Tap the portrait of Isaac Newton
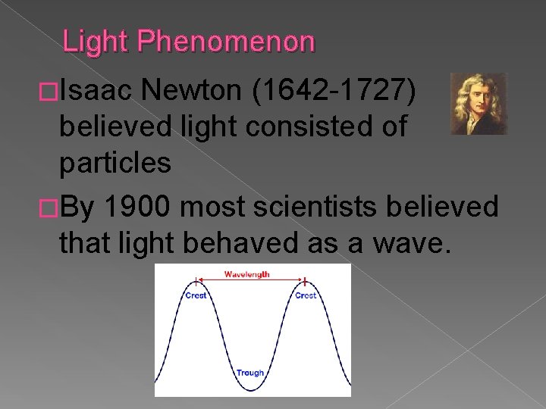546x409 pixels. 478,104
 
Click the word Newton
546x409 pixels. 193,92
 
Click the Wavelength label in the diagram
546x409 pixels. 246,274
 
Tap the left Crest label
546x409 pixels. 196,295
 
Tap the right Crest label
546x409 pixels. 306,295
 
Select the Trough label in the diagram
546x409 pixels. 249,373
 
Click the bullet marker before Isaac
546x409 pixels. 49,93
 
